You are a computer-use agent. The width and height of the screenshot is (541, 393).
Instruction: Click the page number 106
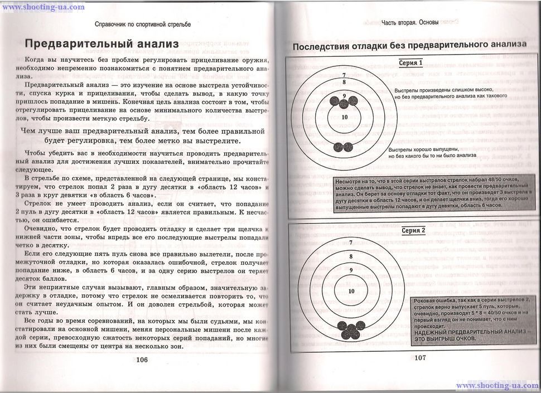tap(142, 360)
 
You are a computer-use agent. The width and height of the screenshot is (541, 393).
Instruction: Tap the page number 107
tap(420, 357)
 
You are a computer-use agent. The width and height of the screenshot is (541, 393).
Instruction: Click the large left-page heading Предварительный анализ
tap(102, 43)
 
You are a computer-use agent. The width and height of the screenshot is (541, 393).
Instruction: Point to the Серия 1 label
tap(410, 62)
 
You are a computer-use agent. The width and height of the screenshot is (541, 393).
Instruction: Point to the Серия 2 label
tap(413, 230)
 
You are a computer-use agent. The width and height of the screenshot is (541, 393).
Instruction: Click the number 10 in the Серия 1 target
tap(344, 117)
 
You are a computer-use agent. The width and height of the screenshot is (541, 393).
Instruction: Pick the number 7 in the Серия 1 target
tap(344, 75)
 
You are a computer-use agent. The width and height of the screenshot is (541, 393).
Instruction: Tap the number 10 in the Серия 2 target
tap(351, 292)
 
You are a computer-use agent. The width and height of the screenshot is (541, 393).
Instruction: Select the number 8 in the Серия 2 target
tap(351, 256)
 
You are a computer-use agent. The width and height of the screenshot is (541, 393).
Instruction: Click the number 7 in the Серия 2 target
tap(351, 242)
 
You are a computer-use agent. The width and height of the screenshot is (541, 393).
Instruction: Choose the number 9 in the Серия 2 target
tap(351, 270)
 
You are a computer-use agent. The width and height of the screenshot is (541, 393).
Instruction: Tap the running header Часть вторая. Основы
tap(409, 23)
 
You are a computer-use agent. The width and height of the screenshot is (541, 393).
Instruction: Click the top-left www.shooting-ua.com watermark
tap(43, 7)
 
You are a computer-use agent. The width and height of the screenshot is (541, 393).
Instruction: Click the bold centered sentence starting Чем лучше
tap(142, 136)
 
